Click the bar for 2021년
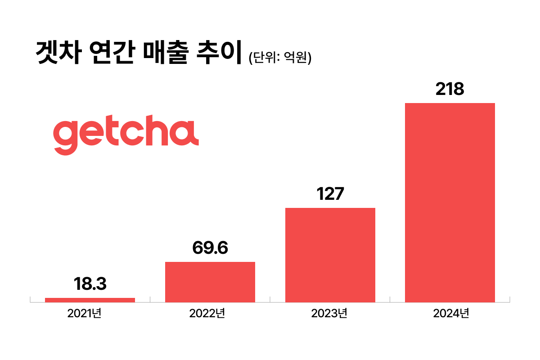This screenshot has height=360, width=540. (x=90, y=300)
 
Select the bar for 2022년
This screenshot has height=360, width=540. (x=210, y=282)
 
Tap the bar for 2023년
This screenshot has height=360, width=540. (x=330, y=255)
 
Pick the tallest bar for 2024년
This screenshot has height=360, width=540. (x=450, y=202)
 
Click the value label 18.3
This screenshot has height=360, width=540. (x=90, y=285)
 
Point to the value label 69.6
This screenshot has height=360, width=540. (x=210, y=248)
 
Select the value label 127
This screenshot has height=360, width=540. (x=330, y=194)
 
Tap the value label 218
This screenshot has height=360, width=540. (x=450, y=90)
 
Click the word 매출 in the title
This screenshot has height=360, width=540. (x=164, y=53)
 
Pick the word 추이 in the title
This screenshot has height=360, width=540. (x=219, y=53)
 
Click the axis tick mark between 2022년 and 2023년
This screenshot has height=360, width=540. (x=270, y=300)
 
